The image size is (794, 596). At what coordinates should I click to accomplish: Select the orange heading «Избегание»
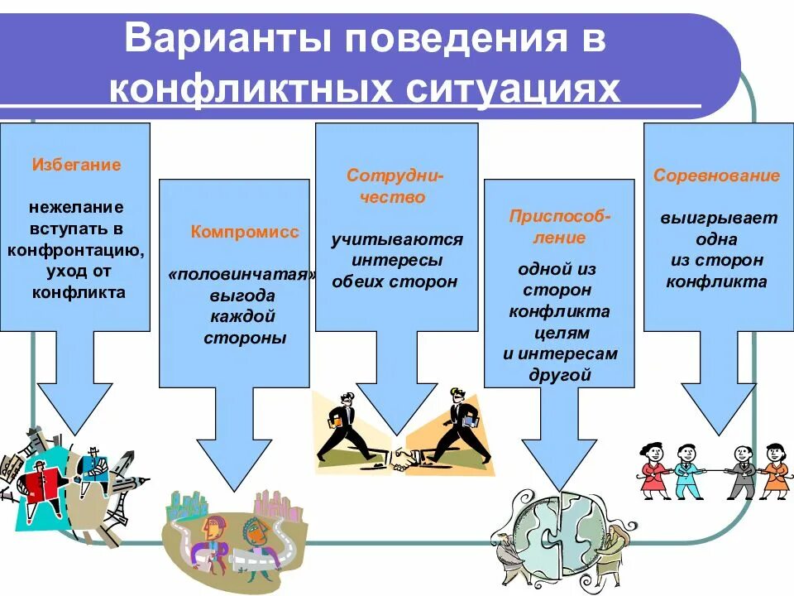pos(76,165)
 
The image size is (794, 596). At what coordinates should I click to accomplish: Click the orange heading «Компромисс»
pos(245,232)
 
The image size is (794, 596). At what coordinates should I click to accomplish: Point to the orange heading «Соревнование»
pos(716,175)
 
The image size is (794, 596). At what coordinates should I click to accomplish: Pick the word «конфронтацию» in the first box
pos(77,250)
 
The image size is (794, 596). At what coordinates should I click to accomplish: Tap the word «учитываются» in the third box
pos(397,240)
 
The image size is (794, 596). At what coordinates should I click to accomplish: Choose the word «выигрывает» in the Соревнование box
pos(718,219)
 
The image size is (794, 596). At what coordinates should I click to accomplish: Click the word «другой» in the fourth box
pos(560,375)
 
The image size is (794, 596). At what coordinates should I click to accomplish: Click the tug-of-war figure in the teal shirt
pos(686,469)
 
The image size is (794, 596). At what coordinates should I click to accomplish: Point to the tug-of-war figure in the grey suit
pos(741,470)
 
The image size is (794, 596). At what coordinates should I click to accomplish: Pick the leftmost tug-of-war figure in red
pos(653,469)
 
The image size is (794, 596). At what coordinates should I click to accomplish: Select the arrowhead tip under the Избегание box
pos(76,433)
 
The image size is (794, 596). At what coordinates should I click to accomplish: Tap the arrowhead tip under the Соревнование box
pos(717,433)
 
